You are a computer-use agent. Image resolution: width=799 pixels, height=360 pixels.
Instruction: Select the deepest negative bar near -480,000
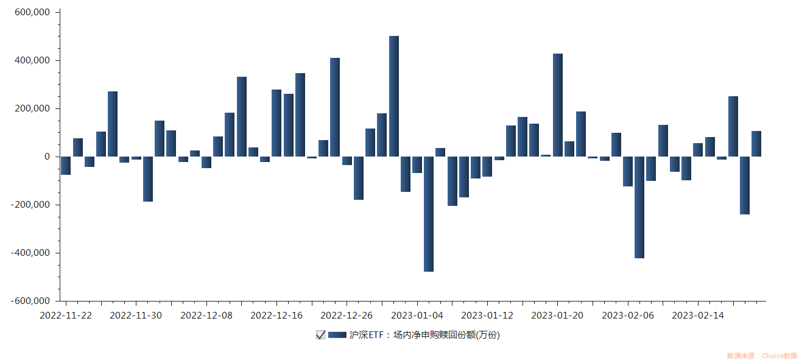[429, 214]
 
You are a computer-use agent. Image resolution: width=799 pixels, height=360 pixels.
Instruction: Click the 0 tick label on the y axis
[47, 157]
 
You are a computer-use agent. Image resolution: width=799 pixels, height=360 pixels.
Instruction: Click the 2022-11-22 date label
[66, 316]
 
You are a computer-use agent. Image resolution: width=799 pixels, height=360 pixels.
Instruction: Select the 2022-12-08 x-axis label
[206, 316]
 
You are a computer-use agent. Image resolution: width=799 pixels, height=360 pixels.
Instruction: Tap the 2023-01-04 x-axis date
[417, 316]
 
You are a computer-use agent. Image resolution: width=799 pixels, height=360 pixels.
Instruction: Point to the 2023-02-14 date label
[698, 316]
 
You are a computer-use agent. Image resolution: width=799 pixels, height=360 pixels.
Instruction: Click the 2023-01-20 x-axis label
[557, 316]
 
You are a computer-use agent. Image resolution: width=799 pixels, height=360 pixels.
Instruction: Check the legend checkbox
[320, 334]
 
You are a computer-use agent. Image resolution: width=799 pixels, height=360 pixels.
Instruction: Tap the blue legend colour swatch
[337, 334]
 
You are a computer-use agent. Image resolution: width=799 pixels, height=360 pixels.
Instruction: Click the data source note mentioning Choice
[761, 356]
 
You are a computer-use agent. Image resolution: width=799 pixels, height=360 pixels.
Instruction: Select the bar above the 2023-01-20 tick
[558, 105]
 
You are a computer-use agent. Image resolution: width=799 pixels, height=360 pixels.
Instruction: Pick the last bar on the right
[756, 144]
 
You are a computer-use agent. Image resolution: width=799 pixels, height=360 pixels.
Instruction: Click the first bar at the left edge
[66, 166]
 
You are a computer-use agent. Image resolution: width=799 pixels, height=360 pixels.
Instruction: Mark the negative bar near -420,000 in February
[639, 207]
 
